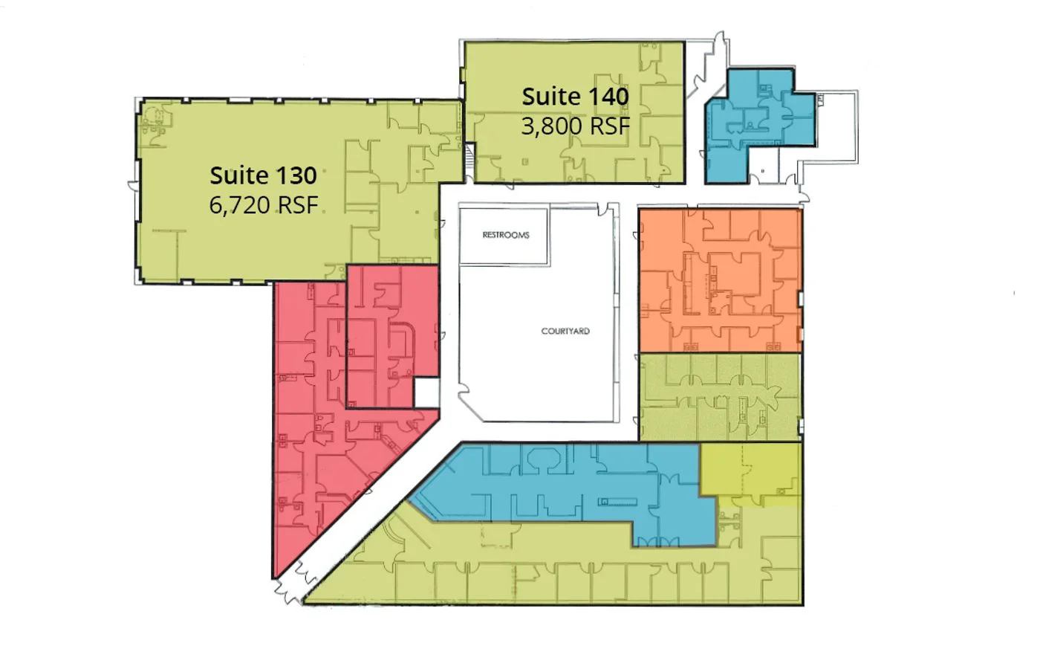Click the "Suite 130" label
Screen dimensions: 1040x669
[263, 175]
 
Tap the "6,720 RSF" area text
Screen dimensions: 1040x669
[263, 205]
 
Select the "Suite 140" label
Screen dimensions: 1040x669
[575, 97]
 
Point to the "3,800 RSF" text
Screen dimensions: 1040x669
[575, 126]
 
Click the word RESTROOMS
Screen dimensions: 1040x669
[506, 235]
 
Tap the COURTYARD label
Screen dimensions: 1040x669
[565, 332]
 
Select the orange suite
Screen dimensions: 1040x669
[720, 280]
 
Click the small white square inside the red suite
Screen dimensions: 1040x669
[426, 393]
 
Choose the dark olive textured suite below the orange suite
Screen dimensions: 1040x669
[720, 397]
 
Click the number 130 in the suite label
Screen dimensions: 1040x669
[296, 175]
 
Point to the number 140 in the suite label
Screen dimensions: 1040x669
[608, 97]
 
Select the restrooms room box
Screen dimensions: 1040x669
[504, 236]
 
